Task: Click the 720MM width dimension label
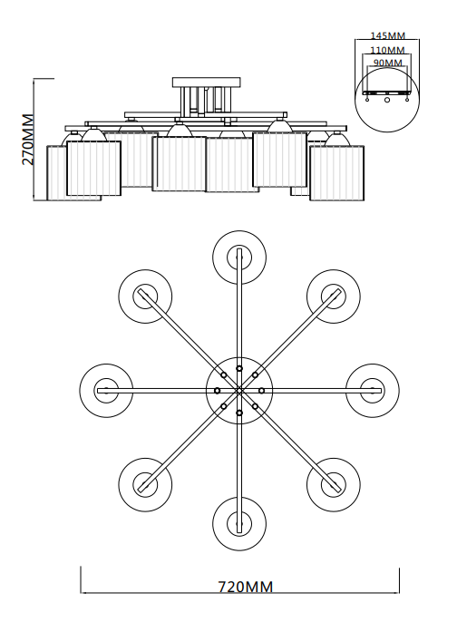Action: pos(246,587)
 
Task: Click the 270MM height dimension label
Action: pos(28,140)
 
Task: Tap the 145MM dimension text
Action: pos(388,35)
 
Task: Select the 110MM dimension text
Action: pos(387,51)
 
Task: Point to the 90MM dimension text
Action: pos(387,63)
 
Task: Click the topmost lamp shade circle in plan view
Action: pos(239,231)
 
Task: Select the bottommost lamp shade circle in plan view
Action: pos(239,550)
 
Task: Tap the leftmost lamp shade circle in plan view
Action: pos(80,391)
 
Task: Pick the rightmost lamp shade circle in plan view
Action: pos(399,391)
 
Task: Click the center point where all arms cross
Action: pos(239,391)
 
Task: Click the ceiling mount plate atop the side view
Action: pos(207,83)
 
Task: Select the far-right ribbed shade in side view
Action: pos(336,173)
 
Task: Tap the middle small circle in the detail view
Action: pos(387,100)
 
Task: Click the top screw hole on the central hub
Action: pos(239,368)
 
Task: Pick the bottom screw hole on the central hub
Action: pos(239,413)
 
